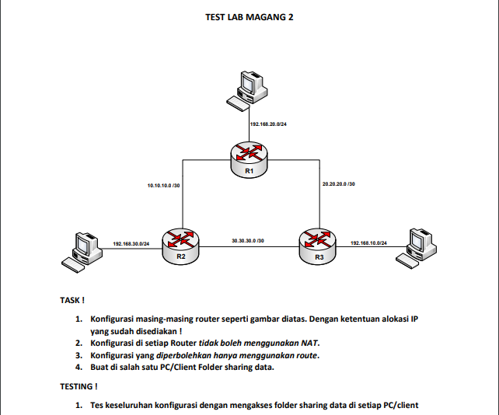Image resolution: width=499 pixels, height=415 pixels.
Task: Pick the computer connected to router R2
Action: tap(80, 249)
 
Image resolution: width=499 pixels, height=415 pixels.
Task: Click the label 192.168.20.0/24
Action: tap(268, 124)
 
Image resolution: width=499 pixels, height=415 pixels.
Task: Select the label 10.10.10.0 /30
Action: tap(164, 186)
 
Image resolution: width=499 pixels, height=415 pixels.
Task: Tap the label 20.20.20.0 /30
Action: tap(339, 184)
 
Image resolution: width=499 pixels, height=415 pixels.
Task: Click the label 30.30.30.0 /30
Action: tap(248, 241)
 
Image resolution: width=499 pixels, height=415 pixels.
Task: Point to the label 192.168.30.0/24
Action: tap(131, 244)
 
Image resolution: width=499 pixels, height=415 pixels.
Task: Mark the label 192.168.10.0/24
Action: tap(368, 244)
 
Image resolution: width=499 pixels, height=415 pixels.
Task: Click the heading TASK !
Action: tap(72, 299)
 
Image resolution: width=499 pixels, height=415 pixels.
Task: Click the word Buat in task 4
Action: tap(101, 368)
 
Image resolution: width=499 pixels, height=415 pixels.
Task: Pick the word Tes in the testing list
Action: tap(98, 405)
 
